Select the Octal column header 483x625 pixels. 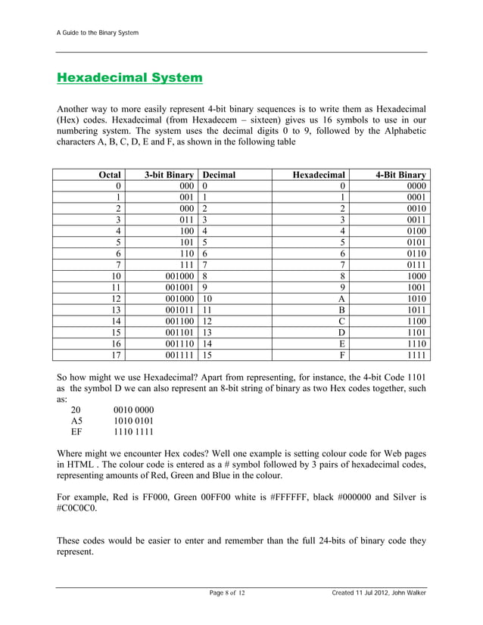click(110, 175)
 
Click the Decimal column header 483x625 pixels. click(219, 175)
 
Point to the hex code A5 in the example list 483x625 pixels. click(77, 421)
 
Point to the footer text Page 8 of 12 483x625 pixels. click(227, 592)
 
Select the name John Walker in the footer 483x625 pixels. click(407, 592)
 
